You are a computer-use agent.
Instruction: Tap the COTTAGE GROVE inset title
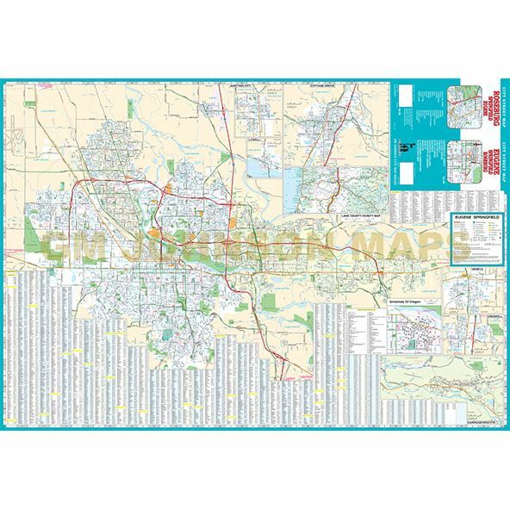(x=327, y=87)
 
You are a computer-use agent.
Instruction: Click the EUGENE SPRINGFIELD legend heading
(x=475, y=222)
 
